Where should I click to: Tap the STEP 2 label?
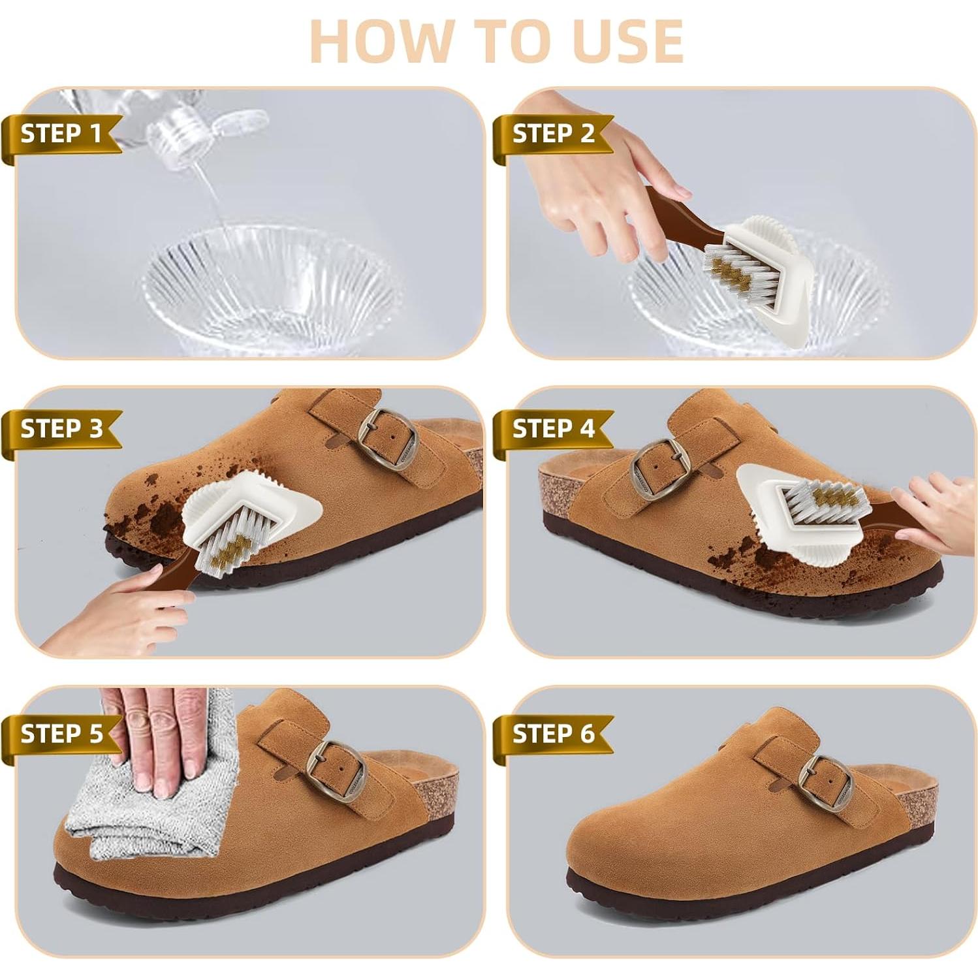point(553,134)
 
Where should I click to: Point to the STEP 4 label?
point(553,429)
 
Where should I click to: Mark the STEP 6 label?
point(553,733)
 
